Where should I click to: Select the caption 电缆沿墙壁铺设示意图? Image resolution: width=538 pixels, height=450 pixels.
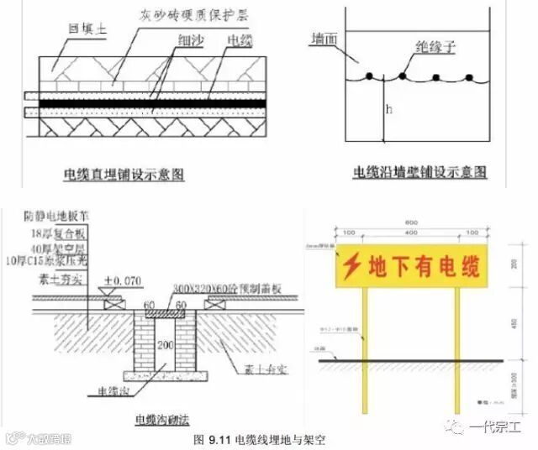[420, 172]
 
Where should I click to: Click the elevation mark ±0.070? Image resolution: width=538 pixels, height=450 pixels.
[119, 280]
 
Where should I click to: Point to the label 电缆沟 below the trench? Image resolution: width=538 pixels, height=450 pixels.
[110, 390]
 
